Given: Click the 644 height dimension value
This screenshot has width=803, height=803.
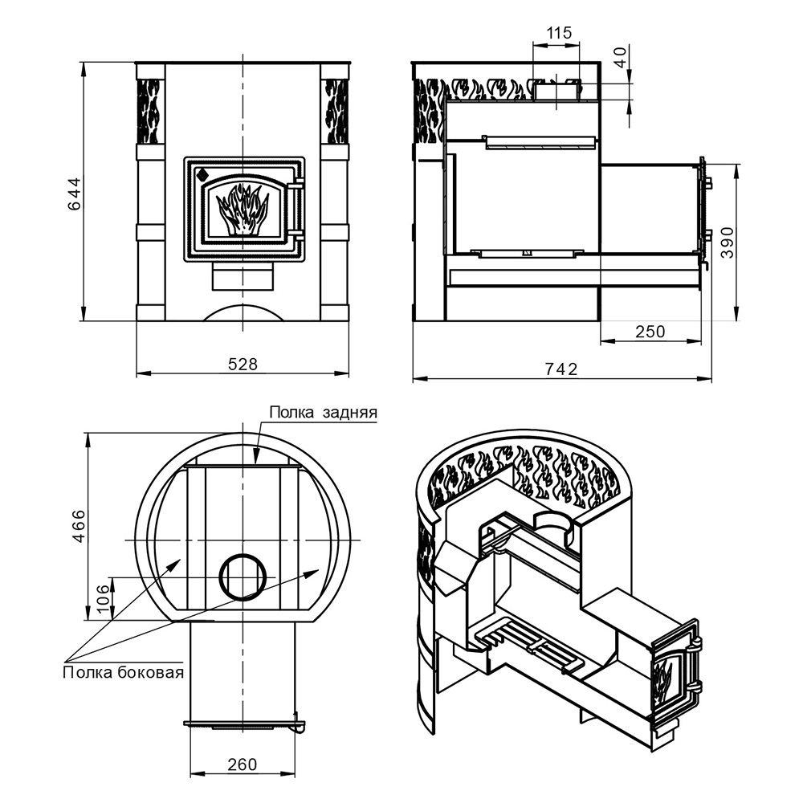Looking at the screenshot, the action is click(75, 194).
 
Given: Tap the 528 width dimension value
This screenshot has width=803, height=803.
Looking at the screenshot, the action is click(243, 364).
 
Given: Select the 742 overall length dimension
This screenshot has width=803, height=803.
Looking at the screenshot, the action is click(562, 369).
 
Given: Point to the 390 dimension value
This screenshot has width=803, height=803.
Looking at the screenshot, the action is click(728, 243).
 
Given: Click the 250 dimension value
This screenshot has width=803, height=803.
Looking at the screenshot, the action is click(650, 332).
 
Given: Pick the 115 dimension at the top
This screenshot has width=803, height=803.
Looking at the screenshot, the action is click(559, 33).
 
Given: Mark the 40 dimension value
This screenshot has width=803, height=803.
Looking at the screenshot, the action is click(621, 57).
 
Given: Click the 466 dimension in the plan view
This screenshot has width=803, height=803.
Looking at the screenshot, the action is click(79, 526).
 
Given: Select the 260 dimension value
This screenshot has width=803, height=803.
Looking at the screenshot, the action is click(243, 764).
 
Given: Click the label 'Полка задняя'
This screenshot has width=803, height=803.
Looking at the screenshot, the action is click(323, 412).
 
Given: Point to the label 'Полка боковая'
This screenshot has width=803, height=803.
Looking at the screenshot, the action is click(124, 672).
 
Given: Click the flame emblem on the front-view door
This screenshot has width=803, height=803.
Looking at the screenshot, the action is click(242, 210).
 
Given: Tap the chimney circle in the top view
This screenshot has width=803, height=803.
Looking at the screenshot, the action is click(243, 577).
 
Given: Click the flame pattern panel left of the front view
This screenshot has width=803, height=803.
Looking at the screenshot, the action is click(150, 111).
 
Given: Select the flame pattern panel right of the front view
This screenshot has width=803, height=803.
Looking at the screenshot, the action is click(334, 111).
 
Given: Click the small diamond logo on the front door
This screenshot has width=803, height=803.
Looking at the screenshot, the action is click(202, 174).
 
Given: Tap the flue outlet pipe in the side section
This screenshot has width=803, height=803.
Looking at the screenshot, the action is click(555, 89).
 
